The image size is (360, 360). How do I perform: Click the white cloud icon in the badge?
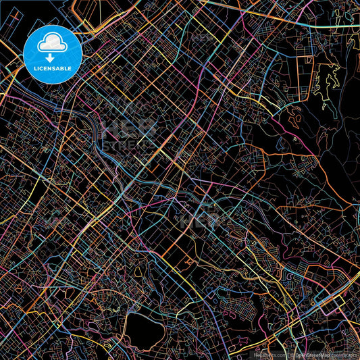pos(53,42)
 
